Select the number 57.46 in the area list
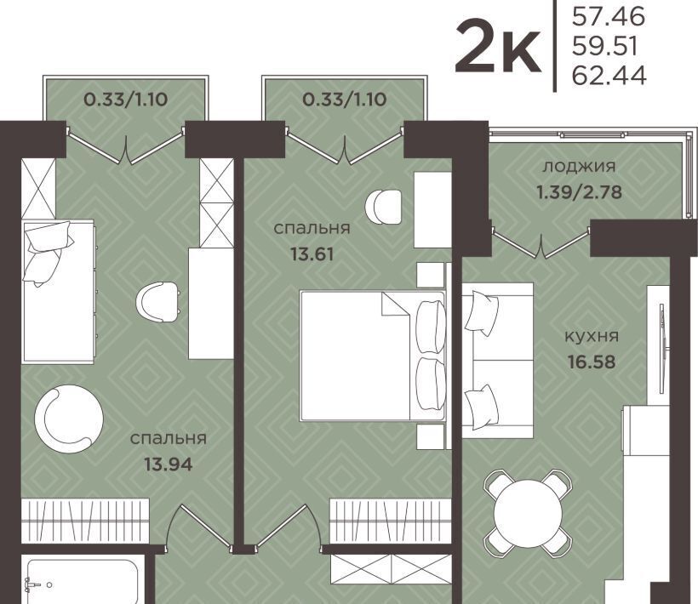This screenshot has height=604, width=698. click(x=609, y=17)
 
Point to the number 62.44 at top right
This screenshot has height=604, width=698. click(x=609, y=75)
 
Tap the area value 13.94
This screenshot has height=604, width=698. click(x=169, y=464)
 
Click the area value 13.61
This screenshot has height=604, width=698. click(x=312, y=254)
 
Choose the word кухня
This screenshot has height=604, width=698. click(x=592, y=336)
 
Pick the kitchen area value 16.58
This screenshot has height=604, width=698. click(x=592, y=362)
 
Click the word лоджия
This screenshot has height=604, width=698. click(x=579, y=168)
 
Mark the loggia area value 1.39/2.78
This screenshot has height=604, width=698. click(x=579, y=192)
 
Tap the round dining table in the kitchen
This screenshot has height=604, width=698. click(x=528, y=513)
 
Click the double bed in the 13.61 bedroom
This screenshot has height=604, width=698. click(x=373, y=356)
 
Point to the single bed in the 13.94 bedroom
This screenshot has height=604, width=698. click(x=59, y=292)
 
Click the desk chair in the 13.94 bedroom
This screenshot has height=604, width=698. click(x=158, y=302)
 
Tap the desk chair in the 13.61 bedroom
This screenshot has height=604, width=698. click(x=383, y=207)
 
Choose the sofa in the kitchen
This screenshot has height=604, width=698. click(x=498, y=360)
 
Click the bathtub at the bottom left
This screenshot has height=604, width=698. click(x=83, y=581)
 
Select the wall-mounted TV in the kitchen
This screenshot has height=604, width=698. click(x=662, y=343)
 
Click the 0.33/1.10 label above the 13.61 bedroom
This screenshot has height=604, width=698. click(x=345, y=100)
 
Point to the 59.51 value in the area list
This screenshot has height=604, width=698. click(x=605, y=46)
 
